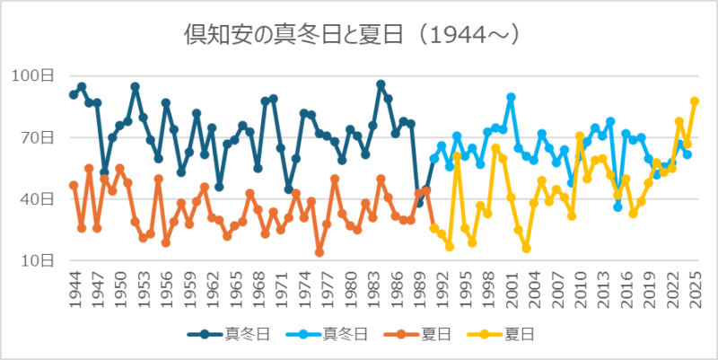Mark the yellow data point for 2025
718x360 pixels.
click(x=695, y=101)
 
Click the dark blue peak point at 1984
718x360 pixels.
click(x=381, y=83)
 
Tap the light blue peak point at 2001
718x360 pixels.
click(x=511, y=97)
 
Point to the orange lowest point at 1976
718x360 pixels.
click(x=319, y=253)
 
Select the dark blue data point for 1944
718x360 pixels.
click(x=74, y=94)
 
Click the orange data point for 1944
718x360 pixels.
click(x=74, y=185)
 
